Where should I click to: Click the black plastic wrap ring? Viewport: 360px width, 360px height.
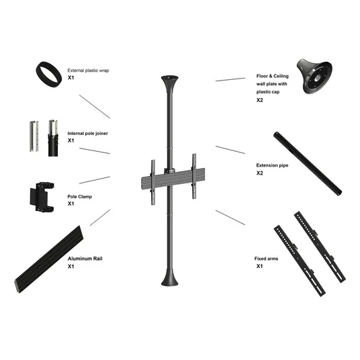[41, 69]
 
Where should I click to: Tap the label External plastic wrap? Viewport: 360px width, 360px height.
[88, 71]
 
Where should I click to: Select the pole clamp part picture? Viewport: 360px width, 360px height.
[42, 197]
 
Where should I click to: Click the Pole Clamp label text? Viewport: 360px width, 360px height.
[80, 197]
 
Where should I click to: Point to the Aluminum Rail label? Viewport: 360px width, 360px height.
[85, 259]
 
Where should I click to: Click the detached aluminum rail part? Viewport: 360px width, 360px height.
[49, 259]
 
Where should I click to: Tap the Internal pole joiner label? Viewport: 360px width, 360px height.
[87, 134]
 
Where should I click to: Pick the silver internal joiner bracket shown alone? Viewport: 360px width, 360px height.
[34, 136]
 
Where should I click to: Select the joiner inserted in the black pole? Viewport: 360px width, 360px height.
[53, 138]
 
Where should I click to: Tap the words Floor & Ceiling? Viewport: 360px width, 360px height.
[272, 76]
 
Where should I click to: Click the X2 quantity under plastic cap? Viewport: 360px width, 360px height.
[260, 100]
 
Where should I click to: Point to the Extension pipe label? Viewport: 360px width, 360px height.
[272, 165]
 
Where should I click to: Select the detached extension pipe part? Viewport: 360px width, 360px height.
[308, 163]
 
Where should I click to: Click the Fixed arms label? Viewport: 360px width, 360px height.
[267, 259]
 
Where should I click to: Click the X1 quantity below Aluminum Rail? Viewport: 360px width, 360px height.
[71, 267]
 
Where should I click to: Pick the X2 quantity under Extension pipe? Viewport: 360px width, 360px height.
[260, 173]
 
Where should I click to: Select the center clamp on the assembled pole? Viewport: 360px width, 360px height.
[170, 171]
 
